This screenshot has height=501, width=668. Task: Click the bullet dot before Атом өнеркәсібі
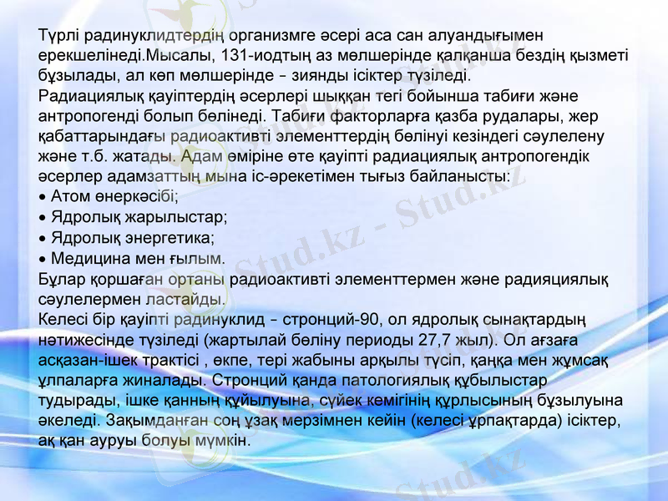click(43, 198)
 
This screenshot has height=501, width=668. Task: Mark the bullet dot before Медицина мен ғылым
click(43, 258)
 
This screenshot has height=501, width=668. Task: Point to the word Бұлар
click(61, 278)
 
